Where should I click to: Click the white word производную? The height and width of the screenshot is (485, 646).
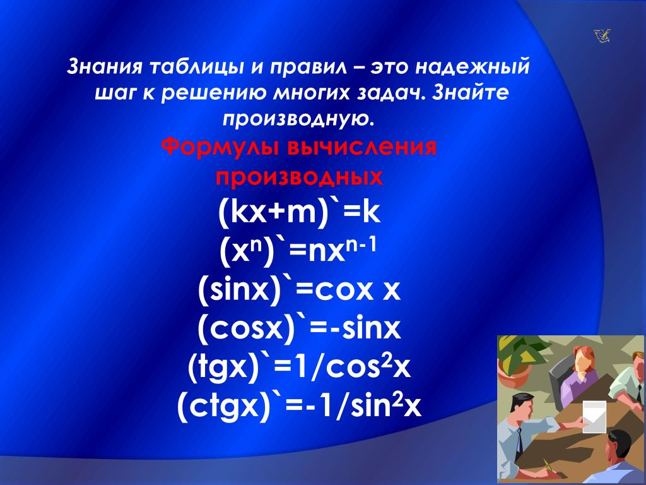(300, 119)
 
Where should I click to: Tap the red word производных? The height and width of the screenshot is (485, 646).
(300, 177)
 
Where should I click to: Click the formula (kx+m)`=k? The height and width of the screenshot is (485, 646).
(299, 213)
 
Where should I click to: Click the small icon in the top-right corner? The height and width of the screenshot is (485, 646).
(602, 36)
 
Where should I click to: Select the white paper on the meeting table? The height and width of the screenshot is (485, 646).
(594, 417)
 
